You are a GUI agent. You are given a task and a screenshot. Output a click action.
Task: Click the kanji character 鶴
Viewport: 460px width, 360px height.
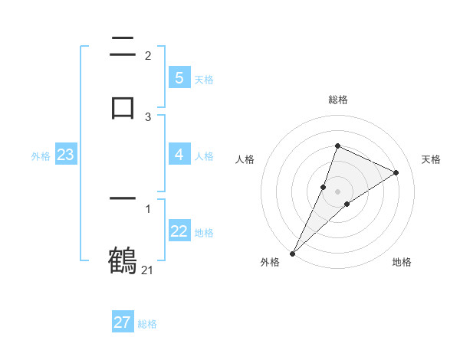[x=123, y=260]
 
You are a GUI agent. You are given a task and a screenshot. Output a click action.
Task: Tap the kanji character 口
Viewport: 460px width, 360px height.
[x=123, y=106]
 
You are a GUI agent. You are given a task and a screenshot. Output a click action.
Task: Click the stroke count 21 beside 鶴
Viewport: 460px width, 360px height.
[x=148, y=270]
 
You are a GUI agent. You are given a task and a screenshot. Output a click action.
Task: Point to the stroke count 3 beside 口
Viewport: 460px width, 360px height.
[x=148, y=117]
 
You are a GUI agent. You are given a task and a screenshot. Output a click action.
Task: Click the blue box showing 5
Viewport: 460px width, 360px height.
[x=179, y=78]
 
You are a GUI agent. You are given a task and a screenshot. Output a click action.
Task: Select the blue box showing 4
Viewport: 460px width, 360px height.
[x=179, y=155]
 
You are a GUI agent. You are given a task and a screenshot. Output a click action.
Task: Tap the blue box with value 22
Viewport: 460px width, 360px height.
[x=179, y=231]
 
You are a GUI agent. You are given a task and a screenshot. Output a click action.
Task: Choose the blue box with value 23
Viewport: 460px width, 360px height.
[x=65, y=155]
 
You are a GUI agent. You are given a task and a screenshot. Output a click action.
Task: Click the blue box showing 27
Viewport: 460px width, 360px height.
[x=123, y=322]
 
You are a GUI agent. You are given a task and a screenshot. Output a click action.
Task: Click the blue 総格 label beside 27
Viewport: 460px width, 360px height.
[x=147, y=324]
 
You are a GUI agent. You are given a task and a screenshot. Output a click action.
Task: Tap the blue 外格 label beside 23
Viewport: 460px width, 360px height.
[x=41, y=156]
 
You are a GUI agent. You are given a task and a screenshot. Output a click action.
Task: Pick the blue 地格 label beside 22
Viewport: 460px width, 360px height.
[x=204, y=233]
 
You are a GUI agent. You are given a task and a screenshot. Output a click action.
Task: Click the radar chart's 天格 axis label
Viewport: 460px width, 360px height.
[x=432, y=159]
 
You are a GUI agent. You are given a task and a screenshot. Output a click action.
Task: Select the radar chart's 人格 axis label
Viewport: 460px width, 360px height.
[x=245, y=159]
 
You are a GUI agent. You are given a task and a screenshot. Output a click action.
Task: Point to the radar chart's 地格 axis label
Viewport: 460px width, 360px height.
[x=402, y=262]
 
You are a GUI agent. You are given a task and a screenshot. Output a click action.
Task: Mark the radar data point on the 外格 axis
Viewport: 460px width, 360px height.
[x=292, y=253]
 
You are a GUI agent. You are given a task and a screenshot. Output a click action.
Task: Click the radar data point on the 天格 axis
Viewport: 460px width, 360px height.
[x=396, y=172]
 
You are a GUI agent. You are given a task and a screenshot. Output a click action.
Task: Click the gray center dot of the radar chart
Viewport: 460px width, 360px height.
[x=337, y=191]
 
